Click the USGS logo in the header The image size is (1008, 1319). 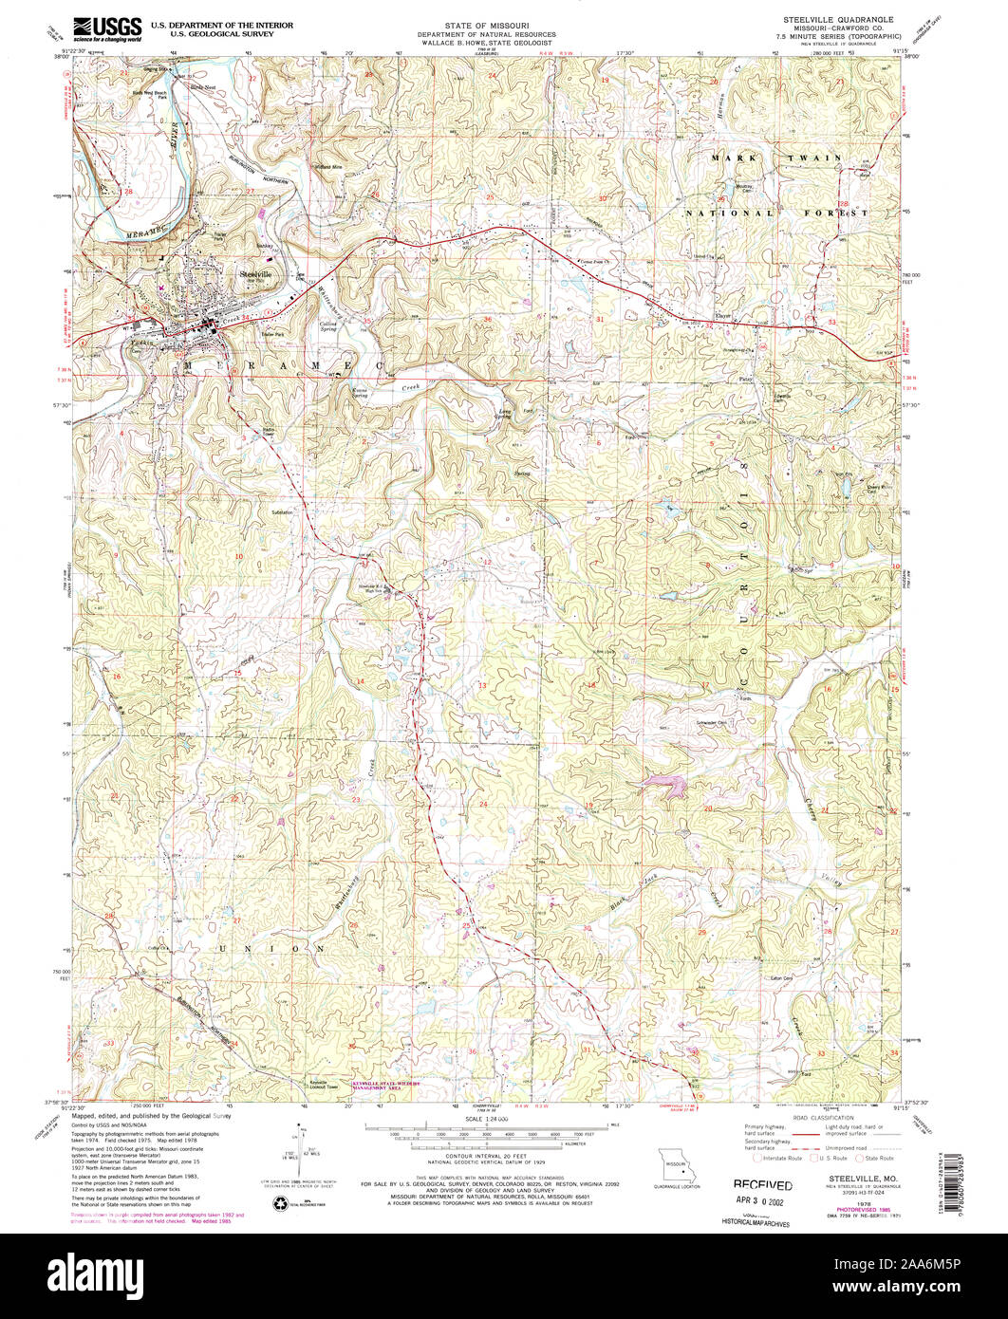(x=106, y=28)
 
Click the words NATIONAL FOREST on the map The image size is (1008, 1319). (x=776, y=214)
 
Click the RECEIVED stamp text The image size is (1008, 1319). (x=762, y=1185)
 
